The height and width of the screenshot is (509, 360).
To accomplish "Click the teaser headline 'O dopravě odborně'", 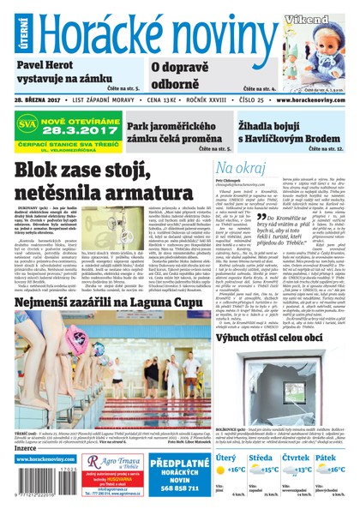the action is (x=185, y=74).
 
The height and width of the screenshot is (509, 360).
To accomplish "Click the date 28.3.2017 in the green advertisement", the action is (x=80, y=125).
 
